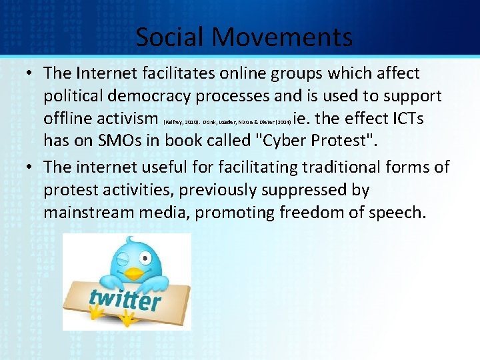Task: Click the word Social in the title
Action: click(169, 37)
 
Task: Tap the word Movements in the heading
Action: click(281, 37)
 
